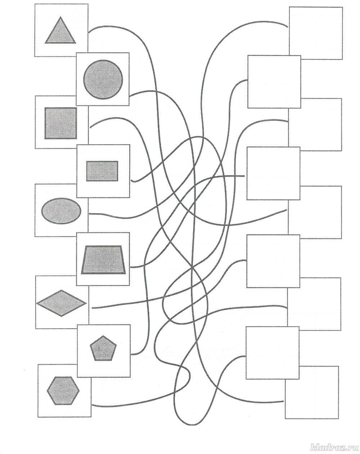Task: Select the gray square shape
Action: coord(61,123)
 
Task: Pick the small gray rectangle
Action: coord(102,171)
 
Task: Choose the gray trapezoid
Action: coord(104,260)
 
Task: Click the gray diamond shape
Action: coord(62,303)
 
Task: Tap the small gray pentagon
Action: coord(101,348)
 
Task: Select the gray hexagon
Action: coord(63,391)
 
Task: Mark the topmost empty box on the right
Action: coord(316,33)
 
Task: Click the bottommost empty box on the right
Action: coord(312,392)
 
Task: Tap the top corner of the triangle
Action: coord(61,17)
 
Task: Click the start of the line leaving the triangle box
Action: coord(89,31)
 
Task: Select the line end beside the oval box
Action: coord(89,214)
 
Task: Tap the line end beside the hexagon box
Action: coord(93,406)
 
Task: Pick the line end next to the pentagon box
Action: coord(131,354)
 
